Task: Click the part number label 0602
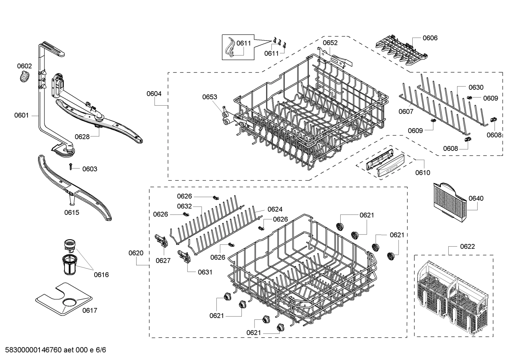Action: click(x=24, y=66)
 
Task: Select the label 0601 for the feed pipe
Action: click(x=22, y=115)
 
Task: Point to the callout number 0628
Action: click(x=82, y=137)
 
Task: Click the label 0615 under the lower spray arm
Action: click(x=72, y=212)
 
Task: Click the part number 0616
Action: click(x=101, y=275)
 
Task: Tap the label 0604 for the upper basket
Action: click(x=154, y=94)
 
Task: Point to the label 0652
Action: click(x=330, y=43)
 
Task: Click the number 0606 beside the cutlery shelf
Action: click(x=430, y=38)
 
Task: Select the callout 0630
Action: click(x=476, y=87)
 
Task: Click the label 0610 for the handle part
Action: click(x=423, y=172)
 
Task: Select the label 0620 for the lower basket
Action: click(x=136, y=253)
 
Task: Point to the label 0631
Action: click(x=205, y=272)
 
